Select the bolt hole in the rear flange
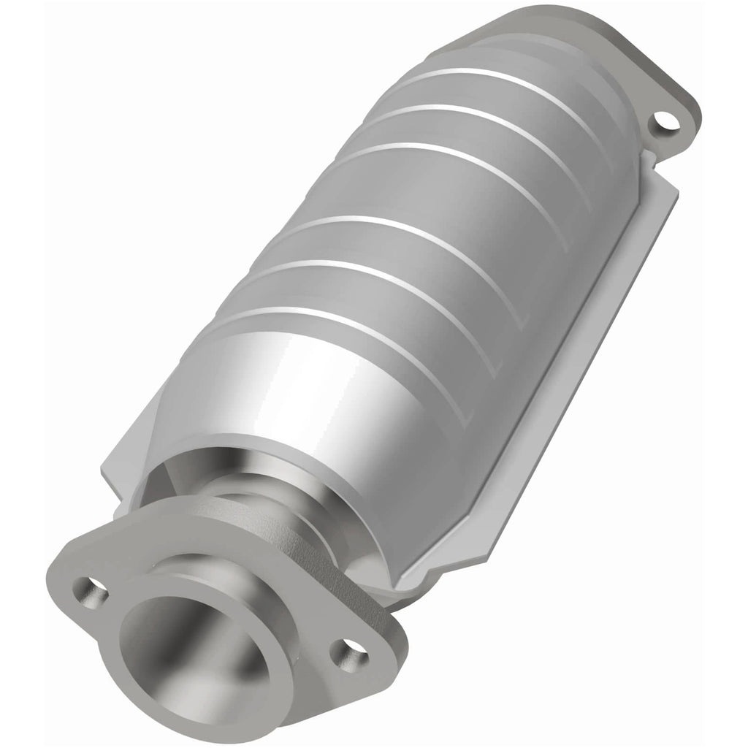[x=664, y=122]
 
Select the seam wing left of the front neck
[x=124, y=475]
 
